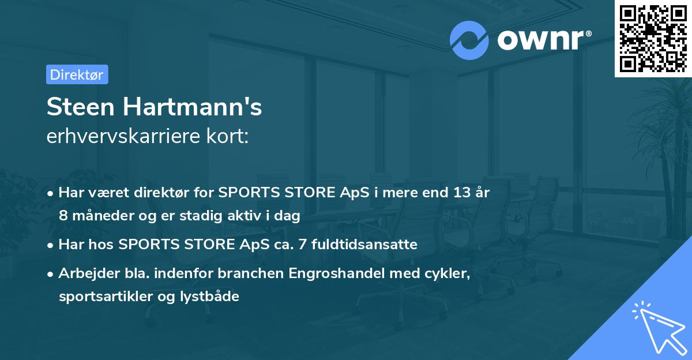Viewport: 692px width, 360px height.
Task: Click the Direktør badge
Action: [x=77, y=74]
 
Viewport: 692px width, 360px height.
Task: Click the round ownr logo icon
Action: [x=469, y=40]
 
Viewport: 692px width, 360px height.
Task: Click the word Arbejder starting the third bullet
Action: [x=85, y=273]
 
